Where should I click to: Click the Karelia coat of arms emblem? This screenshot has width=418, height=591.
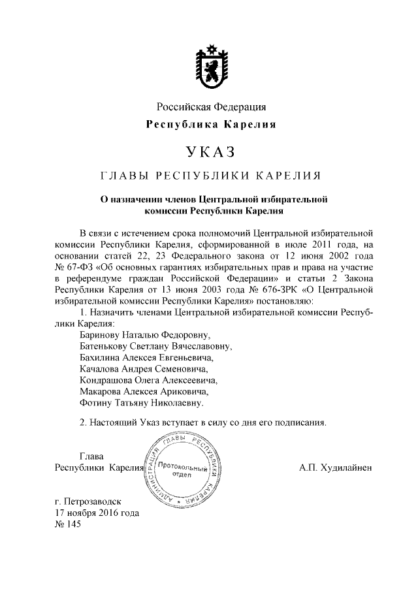(x=209, y=67)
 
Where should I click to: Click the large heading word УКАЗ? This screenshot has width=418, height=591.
(x=209, y=152)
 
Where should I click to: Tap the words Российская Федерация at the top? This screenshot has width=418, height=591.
(x=210, y=107)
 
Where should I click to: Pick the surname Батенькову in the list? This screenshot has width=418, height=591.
(x=105, y=347)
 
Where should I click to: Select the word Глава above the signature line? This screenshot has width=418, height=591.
(x=91, y=456)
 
